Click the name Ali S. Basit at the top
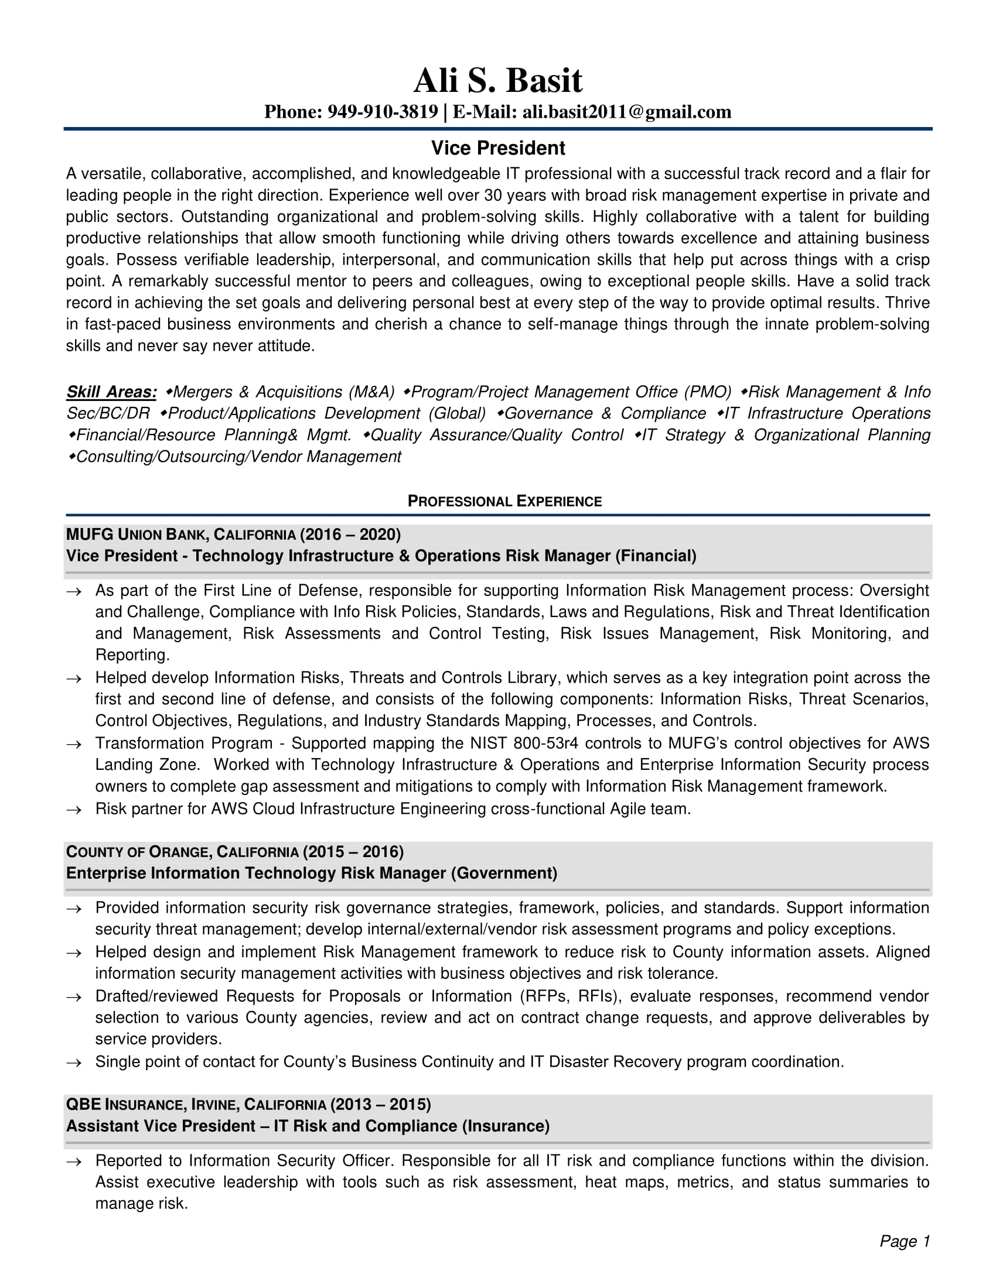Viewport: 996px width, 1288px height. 497,80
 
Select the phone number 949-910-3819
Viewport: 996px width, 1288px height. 383,112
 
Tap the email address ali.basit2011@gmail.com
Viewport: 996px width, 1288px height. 627,112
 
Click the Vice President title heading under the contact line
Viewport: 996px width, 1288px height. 497,148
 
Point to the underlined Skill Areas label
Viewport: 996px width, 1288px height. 111,392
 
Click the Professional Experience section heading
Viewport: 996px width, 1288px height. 504,501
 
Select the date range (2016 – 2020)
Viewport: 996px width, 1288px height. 350,535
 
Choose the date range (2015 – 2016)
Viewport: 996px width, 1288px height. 353,852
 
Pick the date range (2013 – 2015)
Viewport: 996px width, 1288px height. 381,1104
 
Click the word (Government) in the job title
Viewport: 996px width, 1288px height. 504,873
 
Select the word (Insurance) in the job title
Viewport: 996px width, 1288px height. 506,1126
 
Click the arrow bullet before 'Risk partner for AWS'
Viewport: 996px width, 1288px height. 74,810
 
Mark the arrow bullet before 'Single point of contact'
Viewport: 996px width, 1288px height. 74,1063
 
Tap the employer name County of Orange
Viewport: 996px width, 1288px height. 138,852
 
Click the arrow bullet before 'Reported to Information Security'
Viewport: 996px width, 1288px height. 74,1162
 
